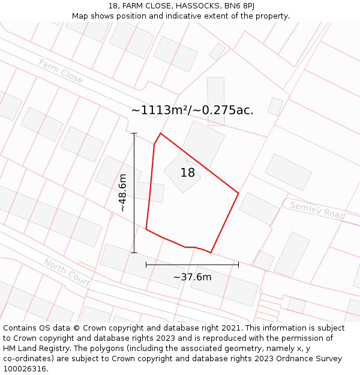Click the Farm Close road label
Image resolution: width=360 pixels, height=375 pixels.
click(x=61, y=71)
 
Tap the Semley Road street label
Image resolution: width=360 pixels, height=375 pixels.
click(x=317, y=210)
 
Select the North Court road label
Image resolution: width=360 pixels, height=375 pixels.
click(x=67, y=272)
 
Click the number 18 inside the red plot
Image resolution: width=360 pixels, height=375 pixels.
click(x=188, y=173)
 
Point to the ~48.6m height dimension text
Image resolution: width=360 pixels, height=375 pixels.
click(x=122, y=193)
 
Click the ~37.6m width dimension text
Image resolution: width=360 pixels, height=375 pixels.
click(x=192, y=277)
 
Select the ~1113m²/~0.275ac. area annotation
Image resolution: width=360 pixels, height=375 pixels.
click(x=192, y=110)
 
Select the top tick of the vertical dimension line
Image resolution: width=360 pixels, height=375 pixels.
click(x=134, y=133)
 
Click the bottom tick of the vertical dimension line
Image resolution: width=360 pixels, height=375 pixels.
click(x=134, y=253)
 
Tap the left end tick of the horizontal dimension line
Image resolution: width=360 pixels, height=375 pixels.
click(x=146, y=264)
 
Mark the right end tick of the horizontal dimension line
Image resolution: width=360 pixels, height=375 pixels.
click(x=239, y=264)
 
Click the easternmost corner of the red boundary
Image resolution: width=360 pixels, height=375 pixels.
click(x=239, y=193)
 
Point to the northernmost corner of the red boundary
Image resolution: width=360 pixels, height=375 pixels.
click(x=160, y=133)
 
